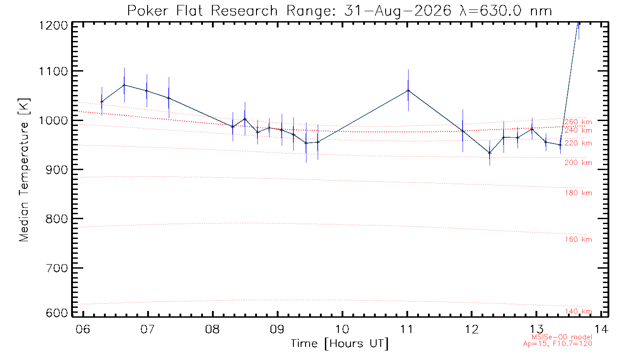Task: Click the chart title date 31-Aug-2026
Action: [398, 11]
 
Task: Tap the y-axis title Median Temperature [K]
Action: [24, 170]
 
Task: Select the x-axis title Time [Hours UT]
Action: [339, 344]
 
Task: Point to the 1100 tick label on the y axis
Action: [54, 72]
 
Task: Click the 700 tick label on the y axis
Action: [57, 268]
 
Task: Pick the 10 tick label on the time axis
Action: [342, 329]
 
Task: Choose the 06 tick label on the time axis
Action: [83, 329]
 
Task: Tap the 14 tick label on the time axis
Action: [602, 329]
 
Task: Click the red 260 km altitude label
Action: [578, 122]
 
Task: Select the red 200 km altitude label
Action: [578, 163]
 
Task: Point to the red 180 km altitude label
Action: [578, 193]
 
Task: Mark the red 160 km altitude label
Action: [578, 239]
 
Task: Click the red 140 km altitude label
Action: [578, 311]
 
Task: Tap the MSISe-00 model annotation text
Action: [562, 337]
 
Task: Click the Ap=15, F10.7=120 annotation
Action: [558, 344]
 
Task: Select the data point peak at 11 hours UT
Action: [409, 90]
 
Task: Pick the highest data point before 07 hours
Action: [124, 85]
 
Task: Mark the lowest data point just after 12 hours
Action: [490, 153]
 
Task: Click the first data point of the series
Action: [102, 102]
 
